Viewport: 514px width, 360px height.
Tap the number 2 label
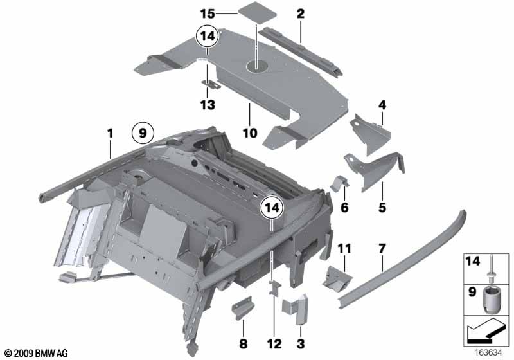tap(300, 13)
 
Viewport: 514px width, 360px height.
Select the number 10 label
tap(249, 134)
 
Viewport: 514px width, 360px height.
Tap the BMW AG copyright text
tap(35, 353)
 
